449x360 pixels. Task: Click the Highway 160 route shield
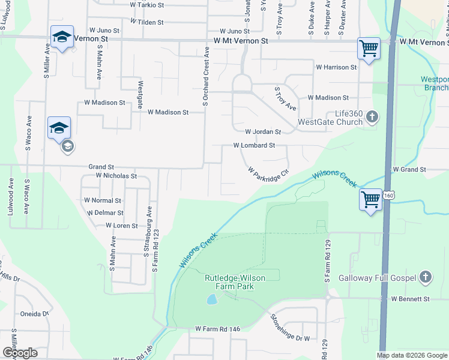[390, 196]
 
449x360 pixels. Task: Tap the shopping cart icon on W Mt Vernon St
[368, 48]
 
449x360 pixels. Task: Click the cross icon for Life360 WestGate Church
[372, 117]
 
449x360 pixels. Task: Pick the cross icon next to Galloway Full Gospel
[426, 277]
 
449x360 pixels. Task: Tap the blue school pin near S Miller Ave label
[62, 37]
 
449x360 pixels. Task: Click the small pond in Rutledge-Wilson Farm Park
[211, 299]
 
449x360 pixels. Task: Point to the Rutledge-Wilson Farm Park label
[237, 282]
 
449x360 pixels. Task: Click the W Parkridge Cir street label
[269, 172]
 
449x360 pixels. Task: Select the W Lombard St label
[254, 145]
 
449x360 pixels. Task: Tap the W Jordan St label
[263, 131]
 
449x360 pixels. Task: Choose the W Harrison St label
[336, 67]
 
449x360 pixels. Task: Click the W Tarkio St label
[147, 5]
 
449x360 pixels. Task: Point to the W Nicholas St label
[116, 176]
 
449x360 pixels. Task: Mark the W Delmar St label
[104, 212]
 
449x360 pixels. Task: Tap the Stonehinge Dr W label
[290, 328]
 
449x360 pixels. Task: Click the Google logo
[20, 353]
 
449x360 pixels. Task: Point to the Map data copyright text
[412, 355]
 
